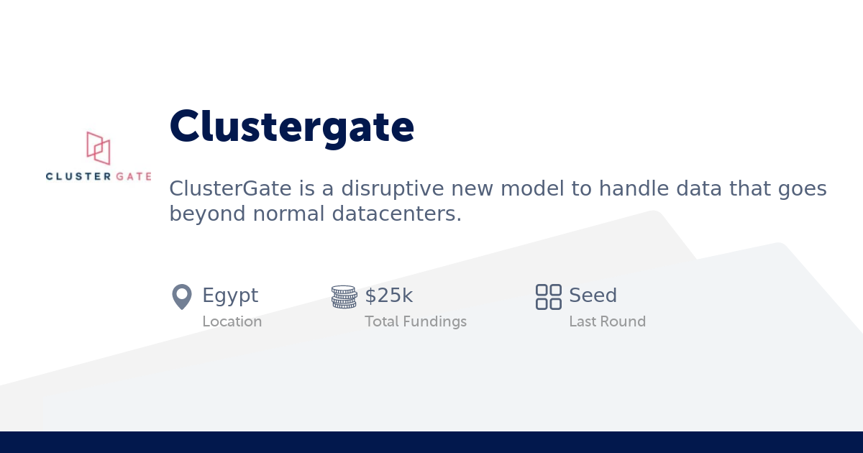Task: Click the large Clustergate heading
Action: tap(291, 127)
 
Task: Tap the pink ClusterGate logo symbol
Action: tap(99, 147)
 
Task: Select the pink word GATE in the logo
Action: tap(133, 176)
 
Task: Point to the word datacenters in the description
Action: tap(393, 214)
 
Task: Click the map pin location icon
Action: tap(182, 296)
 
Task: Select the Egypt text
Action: tap(230, 296)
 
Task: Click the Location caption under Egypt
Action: tap(232, 321)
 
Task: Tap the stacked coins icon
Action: tap(344, 296)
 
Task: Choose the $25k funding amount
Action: tap(389, 296)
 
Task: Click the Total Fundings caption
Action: tap(416, 321)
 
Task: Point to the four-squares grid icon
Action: tap(549, 296)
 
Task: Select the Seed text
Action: tap(593, 296)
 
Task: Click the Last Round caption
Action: tap(607, 321)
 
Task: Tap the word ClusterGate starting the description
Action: tap(230, 189)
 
